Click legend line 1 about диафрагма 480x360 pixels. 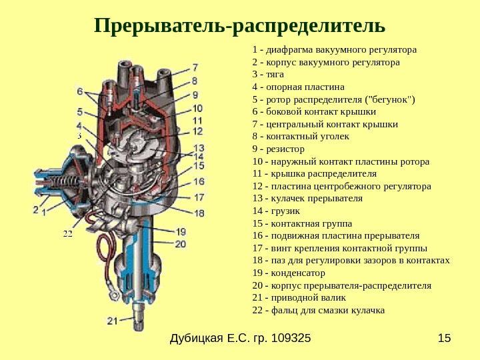coord(335,50)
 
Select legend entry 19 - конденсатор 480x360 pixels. coord(289,273)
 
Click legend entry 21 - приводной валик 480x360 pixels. coord(296,298)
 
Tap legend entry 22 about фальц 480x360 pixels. coord(319,311)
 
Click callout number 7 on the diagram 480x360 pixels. coord(195,67)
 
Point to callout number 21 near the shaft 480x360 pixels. coord(112,321)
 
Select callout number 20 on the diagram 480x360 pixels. coord(181,244)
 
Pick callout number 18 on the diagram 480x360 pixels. coord(199,213)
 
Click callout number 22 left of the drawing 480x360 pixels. coord(67,234)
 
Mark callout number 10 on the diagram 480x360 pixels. coord(198,107)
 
